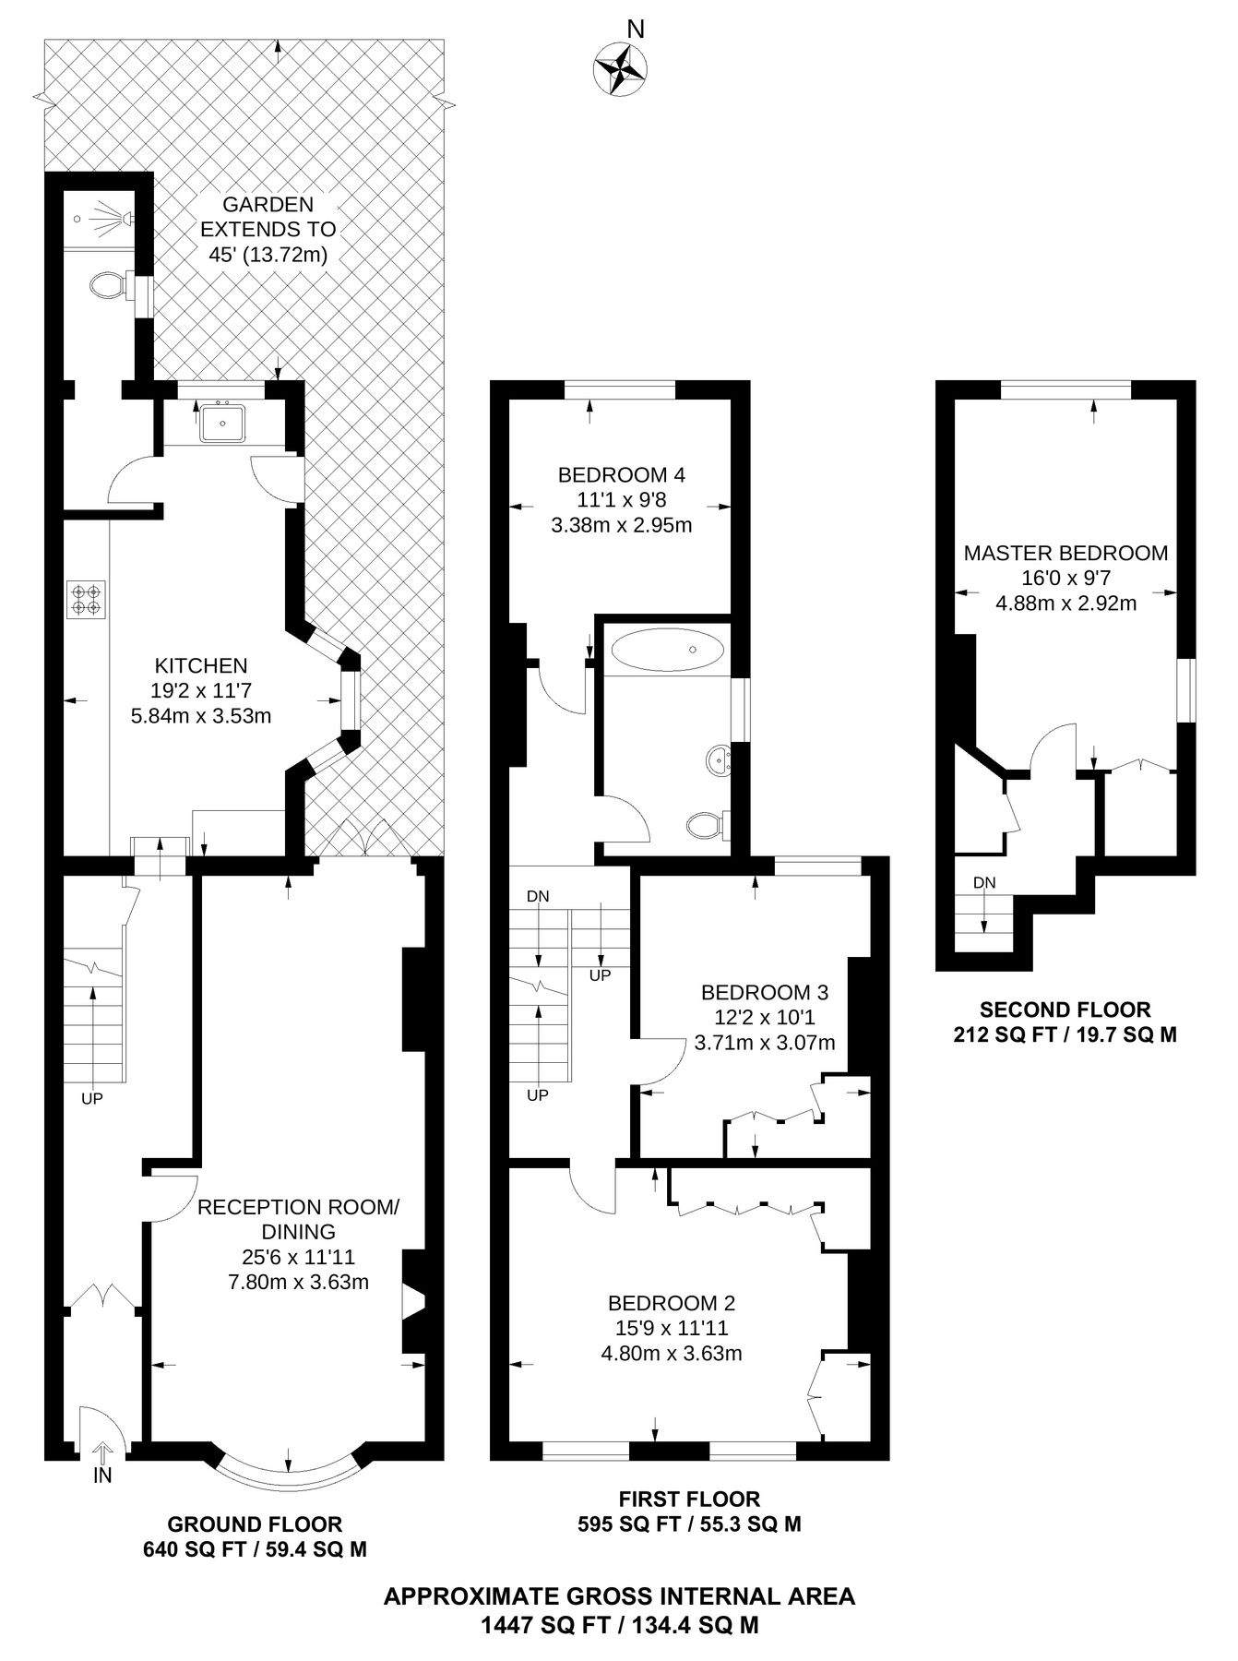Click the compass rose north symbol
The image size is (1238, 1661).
[620, 69]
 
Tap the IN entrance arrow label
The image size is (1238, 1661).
[102, 1475]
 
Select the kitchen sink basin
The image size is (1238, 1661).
[222, 424]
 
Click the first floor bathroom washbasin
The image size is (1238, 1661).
[719, 760]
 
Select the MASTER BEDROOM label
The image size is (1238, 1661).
[1065, 554]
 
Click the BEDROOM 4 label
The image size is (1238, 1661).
[621, 476]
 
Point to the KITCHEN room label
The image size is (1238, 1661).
[201, 665]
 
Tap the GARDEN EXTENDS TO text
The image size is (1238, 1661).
[268, 229]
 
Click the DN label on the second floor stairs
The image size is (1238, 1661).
[984, 883]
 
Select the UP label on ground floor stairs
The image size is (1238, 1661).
[92, 1099]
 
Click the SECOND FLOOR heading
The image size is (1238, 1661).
[1065, 1010]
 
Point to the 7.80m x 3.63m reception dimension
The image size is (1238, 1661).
[298, 1282]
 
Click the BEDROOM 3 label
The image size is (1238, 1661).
[765, 993]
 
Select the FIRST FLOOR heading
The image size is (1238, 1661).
[689, 1500]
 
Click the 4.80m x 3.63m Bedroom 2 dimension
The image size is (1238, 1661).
[672, 1354]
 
